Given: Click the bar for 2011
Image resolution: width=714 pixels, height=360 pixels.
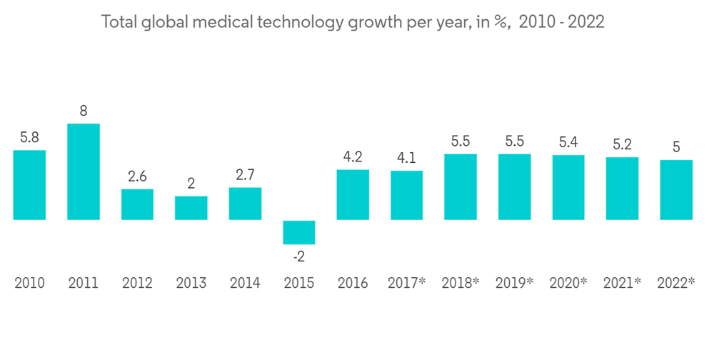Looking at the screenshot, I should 84,171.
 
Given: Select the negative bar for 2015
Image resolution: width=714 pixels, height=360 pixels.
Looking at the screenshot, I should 298,232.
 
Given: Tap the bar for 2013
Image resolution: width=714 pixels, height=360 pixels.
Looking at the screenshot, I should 191,208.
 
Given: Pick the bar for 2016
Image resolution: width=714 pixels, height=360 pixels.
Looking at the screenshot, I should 353,194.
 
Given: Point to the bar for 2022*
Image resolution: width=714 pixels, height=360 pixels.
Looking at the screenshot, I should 675,189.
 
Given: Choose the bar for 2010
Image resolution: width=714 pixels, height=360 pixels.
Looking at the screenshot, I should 29,184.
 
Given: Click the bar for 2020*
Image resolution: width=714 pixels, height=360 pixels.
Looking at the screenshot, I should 568,187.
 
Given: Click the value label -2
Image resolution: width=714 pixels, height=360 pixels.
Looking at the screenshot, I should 298,256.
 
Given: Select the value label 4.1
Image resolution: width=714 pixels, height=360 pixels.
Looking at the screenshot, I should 406,159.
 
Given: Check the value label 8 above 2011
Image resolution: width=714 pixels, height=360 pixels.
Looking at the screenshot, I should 84,111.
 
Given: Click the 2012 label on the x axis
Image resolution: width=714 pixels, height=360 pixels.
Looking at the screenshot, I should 137,283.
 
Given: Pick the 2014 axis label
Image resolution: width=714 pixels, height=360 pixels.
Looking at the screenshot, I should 245,283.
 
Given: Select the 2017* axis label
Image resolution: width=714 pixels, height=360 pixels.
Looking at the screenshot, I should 406,283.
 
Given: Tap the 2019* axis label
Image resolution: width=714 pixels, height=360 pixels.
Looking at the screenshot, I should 514,283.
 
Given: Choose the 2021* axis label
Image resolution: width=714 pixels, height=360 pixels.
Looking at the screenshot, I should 622,283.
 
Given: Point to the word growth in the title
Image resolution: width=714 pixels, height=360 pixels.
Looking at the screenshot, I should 373,22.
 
